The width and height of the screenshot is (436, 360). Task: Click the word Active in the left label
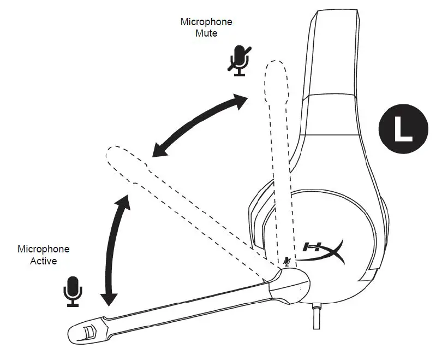click(44, 261)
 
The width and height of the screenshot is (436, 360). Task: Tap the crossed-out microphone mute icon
click(238, 60)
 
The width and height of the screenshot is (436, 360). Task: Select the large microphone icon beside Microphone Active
click(73, 290)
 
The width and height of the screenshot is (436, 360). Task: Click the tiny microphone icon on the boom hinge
click(287, 262)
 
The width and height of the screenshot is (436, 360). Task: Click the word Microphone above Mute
click(206, 22)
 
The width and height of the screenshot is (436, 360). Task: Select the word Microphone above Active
click(44, 249)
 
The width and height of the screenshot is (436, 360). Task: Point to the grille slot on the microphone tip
click(89, 330)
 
